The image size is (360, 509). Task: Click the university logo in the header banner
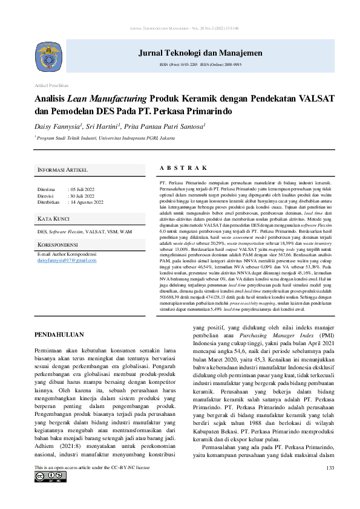point(51,56)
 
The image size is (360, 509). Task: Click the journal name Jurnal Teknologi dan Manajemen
point(192,53)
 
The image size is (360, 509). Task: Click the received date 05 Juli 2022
point(83,190)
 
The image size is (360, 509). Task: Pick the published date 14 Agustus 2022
point(87,202)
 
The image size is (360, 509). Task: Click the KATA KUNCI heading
point(53,218)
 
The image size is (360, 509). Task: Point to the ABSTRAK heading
point(183,168)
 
